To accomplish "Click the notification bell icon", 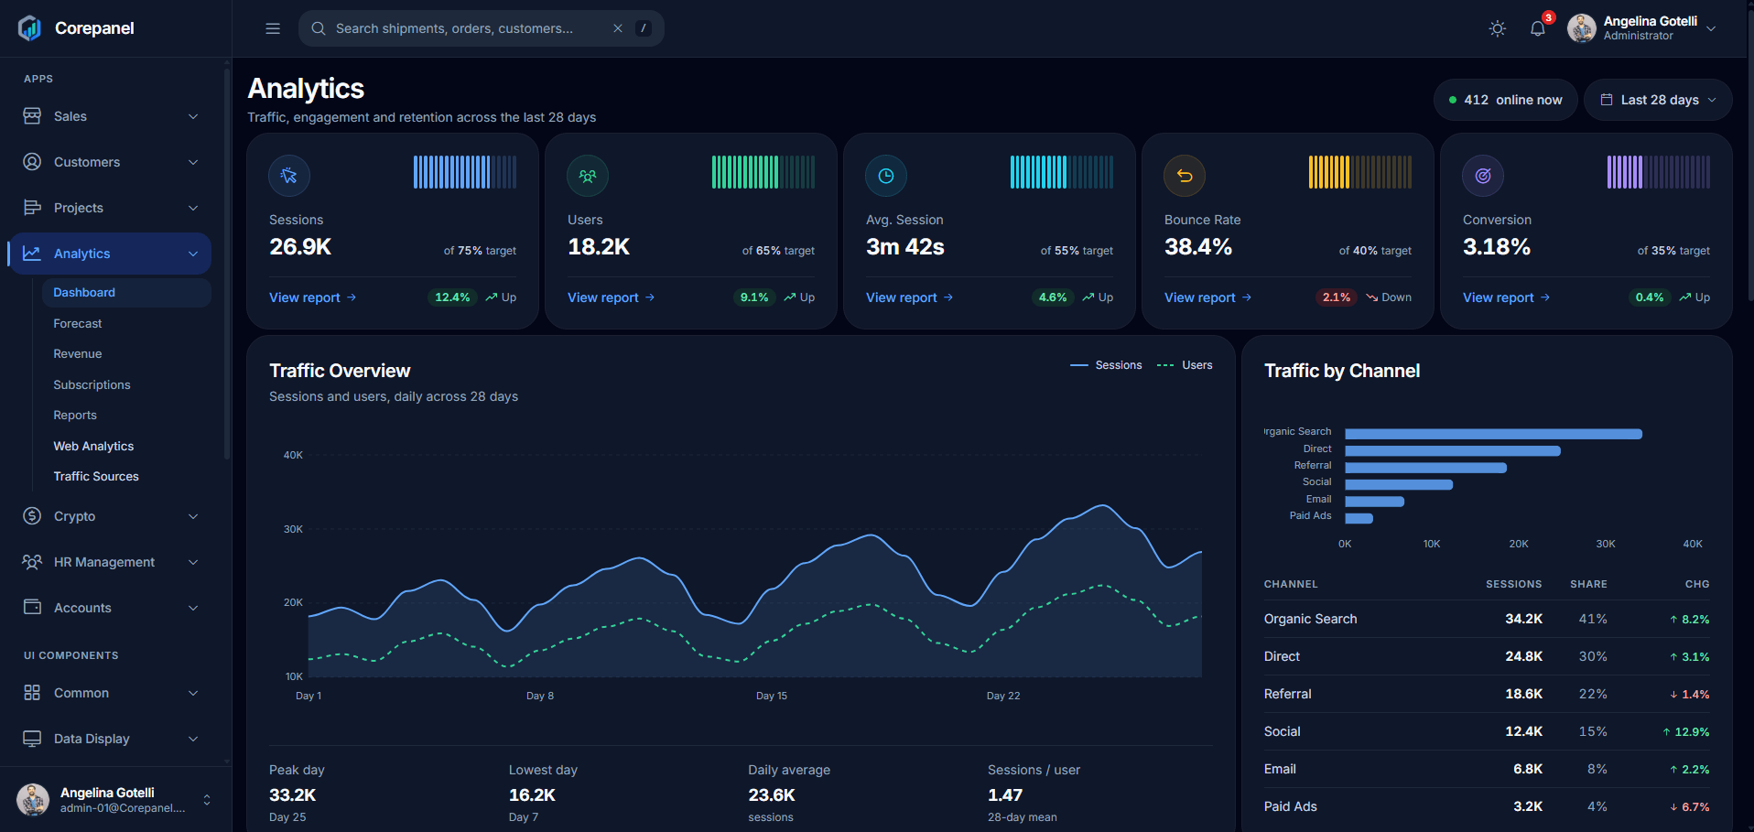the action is pos(1538,28).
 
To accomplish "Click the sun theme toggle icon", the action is pos(1498,28).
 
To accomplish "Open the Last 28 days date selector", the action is pos(1658,100).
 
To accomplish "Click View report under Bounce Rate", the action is pos(1207,297).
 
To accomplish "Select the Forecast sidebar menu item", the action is pos(78,323).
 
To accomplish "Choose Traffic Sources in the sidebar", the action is pos(96,476).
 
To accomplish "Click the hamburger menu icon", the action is pos(273,28).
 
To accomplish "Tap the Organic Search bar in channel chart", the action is pos(1493,434).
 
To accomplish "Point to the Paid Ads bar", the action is pos(1359,518).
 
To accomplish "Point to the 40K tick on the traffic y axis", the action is pos(293,455).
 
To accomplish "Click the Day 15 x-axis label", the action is pos(772,696).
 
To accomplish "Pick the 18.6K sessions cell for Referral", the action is pos(1523,694).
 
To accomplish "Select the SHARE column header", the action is pos(1588,584).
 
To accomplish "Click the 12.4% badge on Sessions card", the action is pos(452,297).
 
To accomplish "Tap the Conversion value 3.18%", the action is pos(1497,247).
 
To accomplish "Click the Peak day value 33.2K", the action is pos(293,794).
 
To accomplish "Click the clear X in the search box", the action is pos(618,28).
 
